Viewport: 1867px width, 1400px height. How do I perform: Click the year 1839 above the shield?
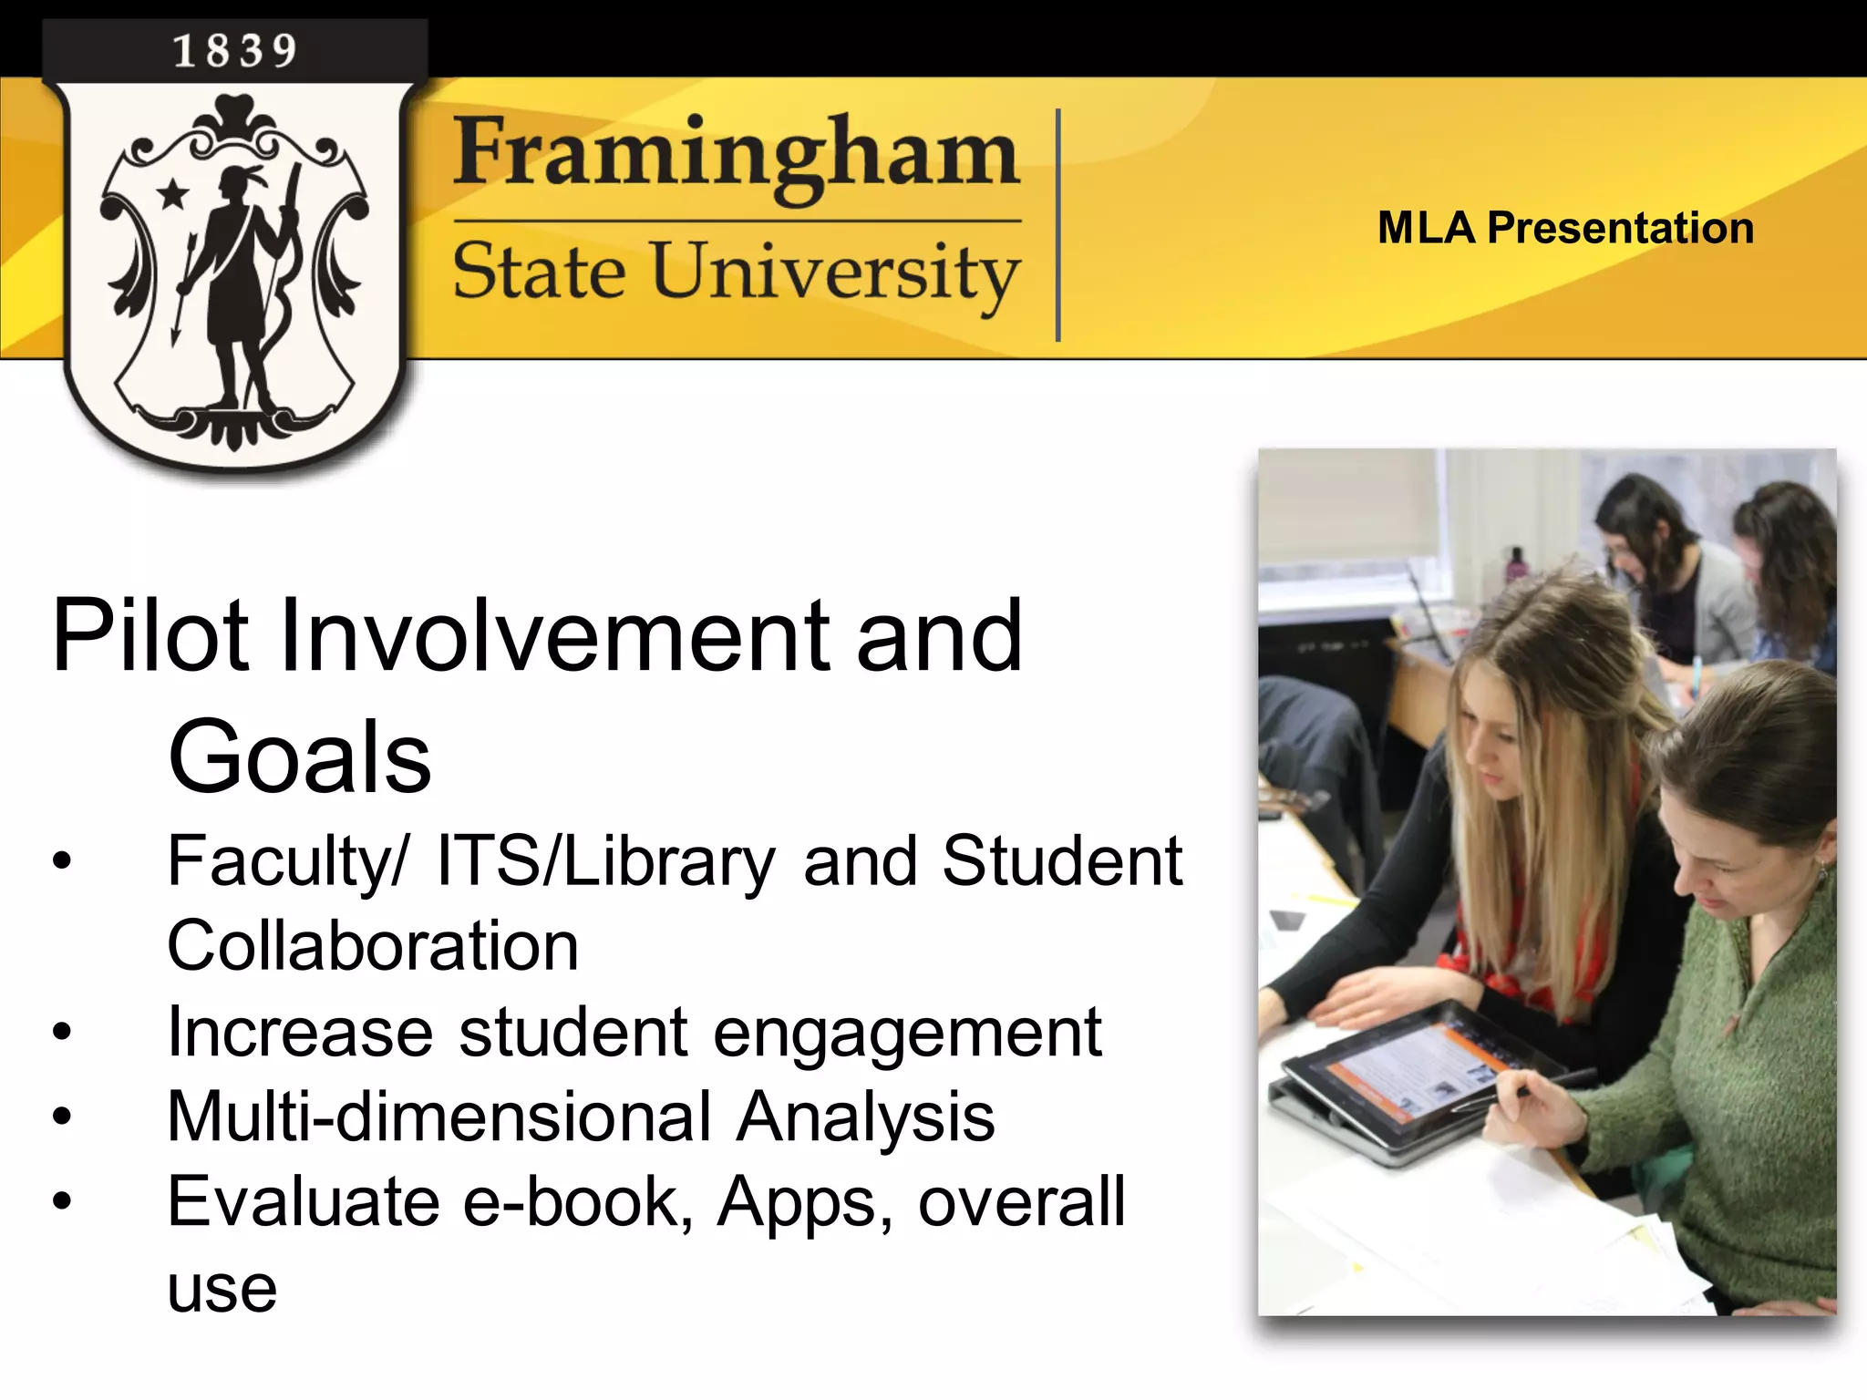point(235,51)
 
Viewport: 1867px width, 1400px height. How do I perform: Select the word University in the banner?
point(835,273)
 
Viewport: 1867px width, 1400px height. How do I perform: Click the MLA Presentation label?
point(1565,228)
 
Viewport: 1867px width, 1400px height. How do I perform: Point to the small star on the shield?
point(172,193)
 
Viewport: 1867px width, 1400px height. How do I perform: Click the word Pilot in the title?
point(150,635)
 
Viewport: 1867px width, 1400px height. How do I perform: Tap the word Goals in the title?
point(299,757)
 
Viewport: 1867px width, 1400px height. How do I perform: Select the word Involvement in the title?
point(556,635)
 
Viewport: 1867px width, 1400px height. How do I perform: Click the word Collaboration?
point(372,946)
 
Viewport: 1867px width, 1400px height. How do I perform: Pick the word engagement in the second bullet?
point(907,1033)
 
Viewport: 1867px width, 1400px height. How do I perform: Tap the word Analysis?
point(865,1117)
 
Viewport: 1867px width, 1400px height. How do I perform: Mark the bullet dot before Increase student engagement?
point(61,1032)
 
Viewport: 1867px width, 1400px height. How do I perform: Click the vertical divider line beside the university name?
point(1057,225)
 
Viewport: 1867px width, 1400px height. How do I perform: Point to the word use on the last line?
point(222,1289)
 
